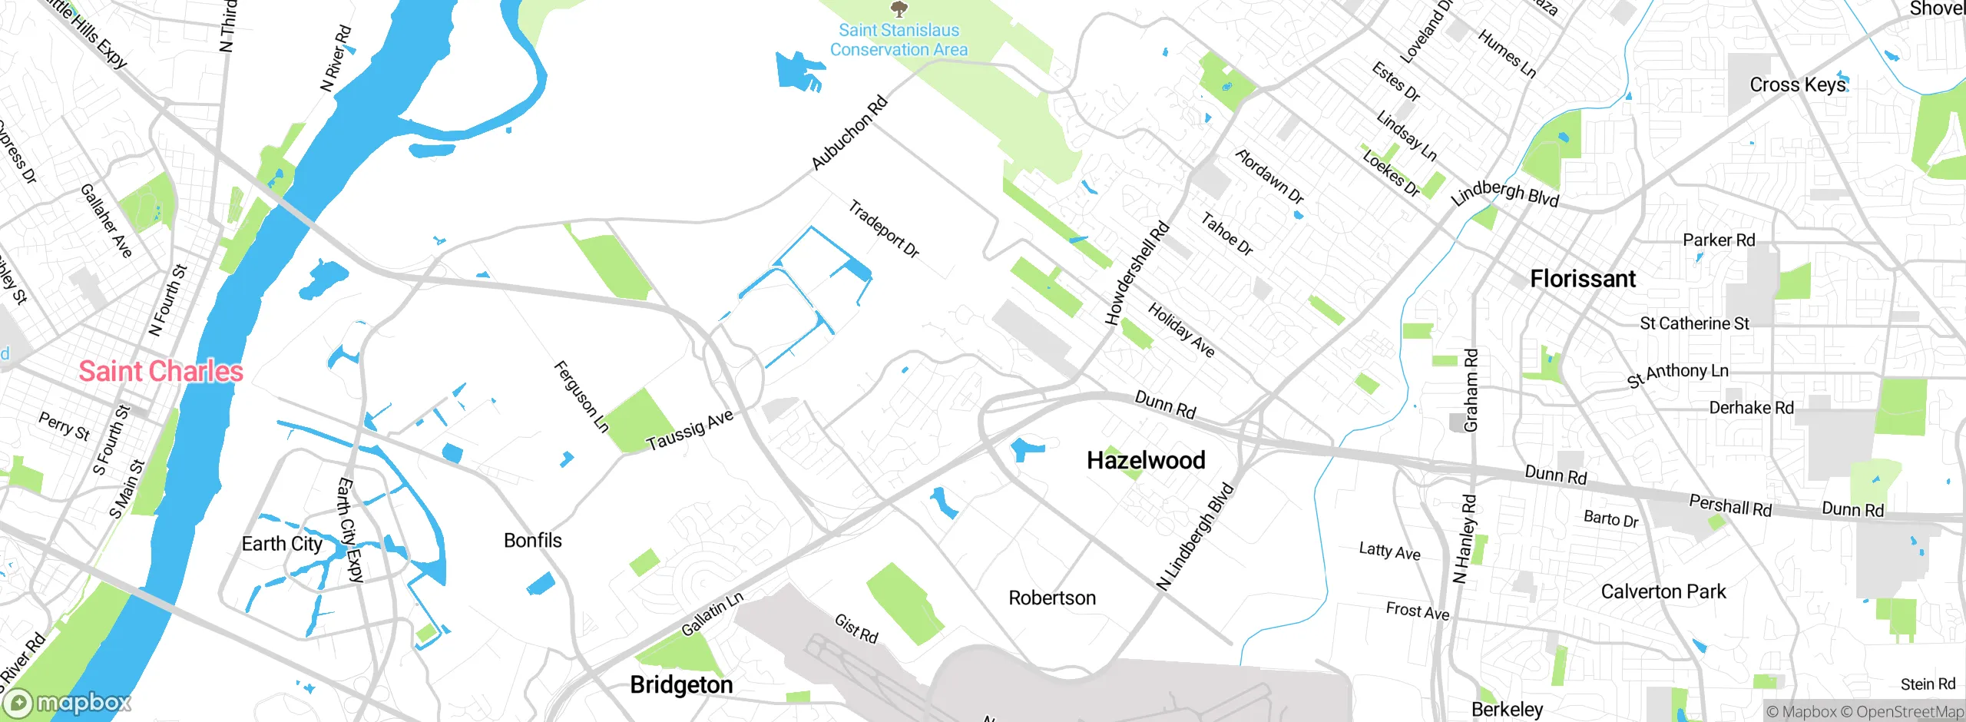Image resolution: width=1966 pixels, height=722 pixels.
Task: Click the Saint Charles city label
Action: click(161, 372)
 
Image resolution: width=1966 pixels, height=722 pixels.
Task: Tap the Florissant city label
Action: click(1582, 279)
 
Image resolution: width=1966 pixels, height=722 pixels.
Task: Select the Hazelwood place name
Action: click(1146, 460)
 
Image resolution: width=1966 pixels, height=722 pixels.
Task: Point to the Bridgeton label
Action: click(681, 684)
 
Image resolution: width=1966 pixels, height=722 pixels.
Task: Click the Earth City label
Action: click(282, 544)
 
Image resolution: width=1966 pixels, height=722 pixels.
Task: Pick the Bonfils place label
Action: click(532, 541)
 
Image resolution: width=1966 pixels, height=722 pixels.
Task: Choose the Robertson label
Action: click(1051, 598)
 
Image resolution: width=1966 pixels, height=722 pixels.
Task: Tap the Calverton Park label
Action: click(1663, 591)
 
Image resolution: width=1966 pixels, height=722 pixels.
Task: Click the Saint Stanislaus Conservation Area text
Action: click(899, 40)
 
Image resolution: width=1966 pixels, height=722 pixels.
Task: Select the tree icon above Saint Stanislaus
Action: click(899, 9)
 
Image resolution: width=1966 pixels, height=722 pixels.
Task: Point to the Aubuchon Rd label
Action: click(849, 133)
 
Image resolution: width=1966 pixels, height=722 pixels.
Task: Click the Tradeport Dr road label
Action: click(883, 229)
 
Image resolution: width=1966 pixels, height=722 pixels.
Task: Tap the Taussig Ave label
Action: click(690, 431)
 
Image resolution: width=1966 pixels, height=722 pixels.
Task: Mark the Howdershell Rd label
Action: click(1137, 273)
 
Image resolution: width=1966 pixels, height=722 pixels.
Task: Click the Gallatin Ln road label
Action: click(712, 614)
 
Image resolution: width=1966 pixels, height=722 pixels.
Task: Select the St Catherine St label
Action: click(1694, 323)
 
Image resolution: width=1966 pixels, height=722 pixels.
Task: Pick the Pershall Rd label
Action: click(1729, 505)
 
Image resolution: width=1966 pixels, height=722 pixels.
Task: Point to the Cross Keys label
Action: click(1797, 84)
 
